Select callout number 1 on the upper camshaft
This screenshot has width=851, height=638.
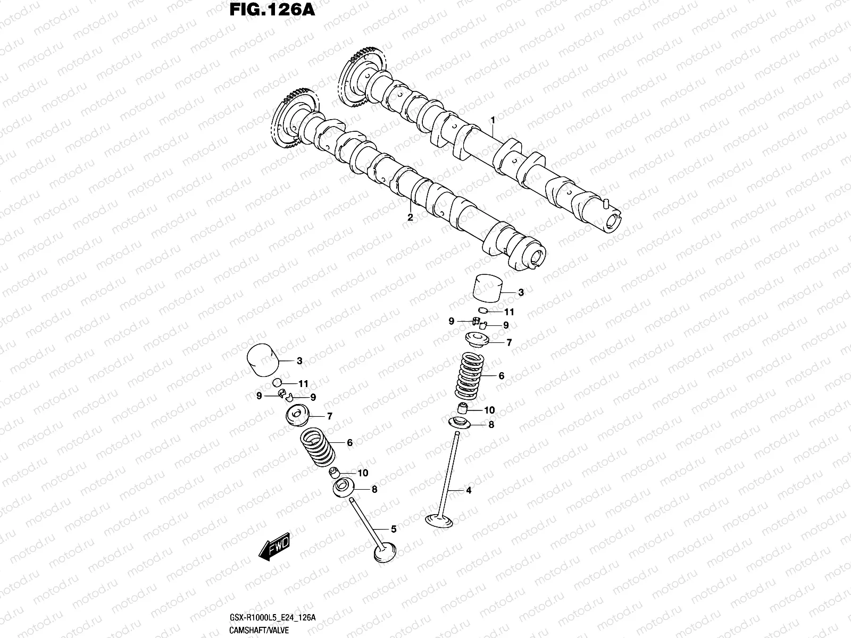coord(493,120)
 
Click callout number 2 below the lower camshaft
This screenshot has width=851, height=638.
coord(410,217)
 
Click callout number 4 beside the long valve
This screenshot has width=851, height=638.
coord(469,490)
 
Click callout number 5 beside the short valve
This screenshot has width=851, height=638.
coord(394,529)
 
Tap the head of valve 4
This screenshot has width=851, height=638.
coord(439,519)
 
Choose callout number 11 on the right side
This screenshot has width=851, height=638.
coord(510,312)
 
